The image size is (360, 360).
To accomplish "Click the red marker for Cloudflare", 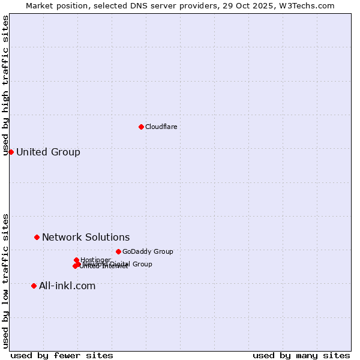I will (x=141, y=127).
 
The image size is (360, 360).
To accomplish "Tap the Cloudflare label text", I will (x=161, y=127).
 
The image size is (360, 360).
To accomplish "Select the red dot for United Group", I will (x=11, y=152).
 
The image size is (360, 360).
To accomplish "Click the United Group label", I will (x=48, y=152).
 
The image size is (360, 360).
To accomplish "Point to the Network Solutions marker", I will (x=37, y=237).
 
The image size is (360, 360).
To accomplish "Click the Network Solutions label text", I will (x=86, y=237).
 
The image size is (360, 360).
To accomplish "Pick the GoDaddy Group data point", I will (x=118, y=251).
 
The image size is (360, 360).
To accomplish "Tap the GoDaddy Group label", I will (x=148, y=251).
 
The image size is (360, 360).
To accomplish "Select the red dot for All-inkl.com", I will (x=34, y=286).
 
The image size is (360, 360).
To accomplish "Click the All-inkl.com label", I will (x=67, y=286).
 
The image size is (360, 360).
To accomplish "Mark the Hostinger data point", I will (x=76, y=260).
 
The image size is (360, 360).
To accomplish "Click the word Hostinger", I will (x=95, y=259).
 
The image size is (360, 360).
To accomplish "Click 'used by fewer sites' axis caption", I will (x=62, y=355).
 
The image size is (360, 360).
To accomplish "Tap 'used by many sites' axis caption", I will (x=301, y=355).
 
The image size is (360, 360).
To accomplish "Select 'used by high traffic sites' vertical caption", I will (x=6, y=85).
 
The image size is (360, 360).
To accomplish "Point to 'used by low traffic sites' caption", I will (x=6, y=280).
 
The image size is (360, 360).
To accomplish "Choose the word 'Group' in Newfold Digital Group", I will (x=142, y=264).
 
